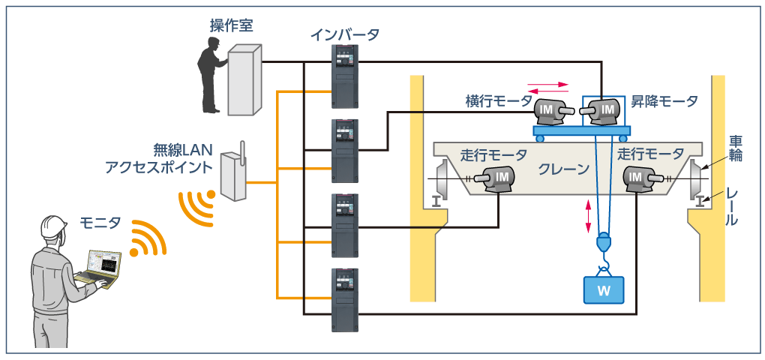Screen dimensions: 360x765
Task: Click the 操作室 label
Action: coord(231,25)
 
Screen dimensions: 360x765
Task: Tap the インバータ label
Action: coord(345,34)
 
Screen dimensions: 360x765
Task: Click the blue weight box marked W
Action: coord(604,289)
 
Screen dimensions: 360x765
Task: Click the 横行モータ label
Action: coord(499,101)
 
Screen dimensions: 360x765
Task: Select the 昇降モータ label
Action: coord(664,101)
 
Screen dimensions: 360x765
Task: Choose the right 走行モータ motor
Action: coord(640,178)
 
